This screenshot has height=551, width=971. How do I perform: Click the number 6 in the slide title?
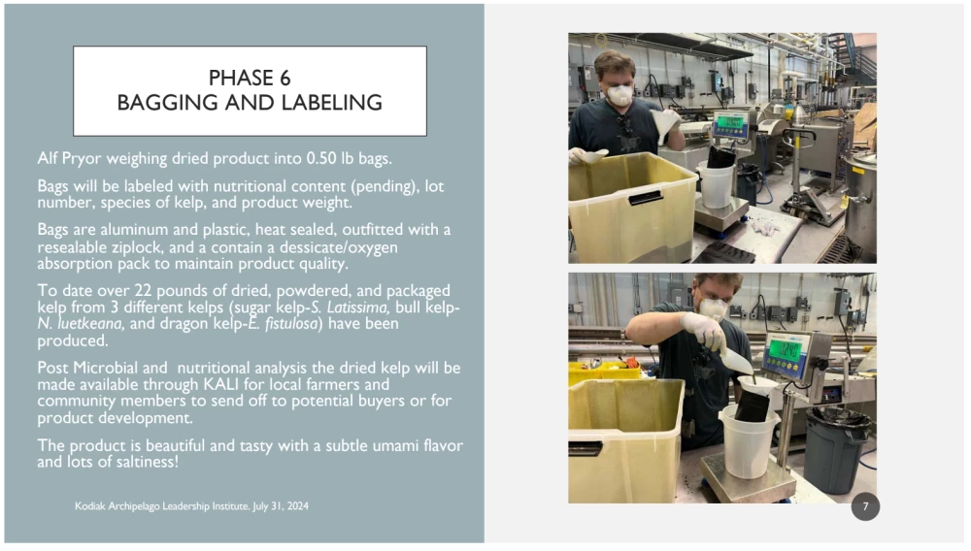(x=285, y=78)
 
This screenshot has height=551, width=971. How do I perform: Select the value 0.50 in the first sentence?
(x=321, y=158)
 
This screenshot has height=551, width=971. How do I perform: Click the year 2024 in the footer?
(x=298, y=505)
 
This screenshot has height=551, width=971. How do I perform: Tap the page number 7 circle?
(x=865, y=506)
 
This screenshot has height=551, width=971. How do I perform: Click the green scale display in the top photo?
(x=731, y=123)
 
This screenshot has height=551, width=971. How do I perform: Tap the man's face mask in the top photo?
(x=619, y=95)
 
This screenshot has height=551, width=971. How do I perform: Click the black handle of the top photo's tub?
(x=646, y=198)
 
